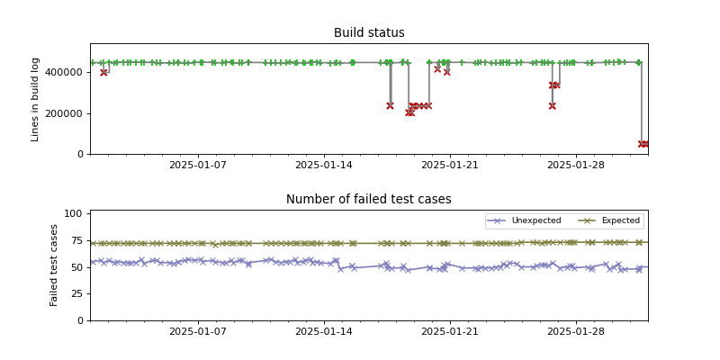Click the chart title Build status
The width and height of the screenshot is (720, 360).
click(x=369, y=33)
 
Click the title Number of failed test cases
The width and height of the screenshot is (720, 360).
click(x=369, y=200)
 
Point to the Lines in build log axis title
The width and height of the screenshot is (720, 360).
click(x=36, y=99)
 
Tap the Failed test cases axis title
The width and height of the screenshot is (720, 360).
click(x=54, y=265)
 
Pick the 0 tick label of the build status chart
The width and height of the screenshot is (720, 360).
click(x=80, y=154)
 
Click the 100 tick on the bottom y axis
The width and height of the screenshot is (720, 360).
click(x=74, y=213)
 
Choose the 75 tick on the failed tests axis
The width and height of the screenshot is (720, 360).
click(x=76, y=240)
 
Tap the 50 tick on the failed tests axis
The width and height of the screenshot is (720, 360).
click(x=76, y=267)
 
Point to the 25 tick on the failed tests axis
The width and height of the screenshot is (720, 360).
click(x=76, y=293)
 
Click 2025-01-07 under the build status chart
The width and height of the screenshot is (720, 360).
click(x=198, y=166)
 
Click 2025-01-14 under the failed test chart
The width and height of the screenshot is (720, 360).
click(x=324, y=332)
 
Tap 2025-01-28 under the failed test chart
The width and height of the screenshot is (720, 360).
click(x=575, y=332)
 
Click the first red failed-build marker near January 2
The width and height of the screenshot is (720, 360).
click(x=103, y=72)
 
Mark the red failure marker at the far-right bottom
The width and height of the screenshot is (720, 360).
click(x=643, y=144)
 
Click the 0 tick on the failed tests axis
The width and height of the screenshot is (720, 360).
click(x=80, y=320)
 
